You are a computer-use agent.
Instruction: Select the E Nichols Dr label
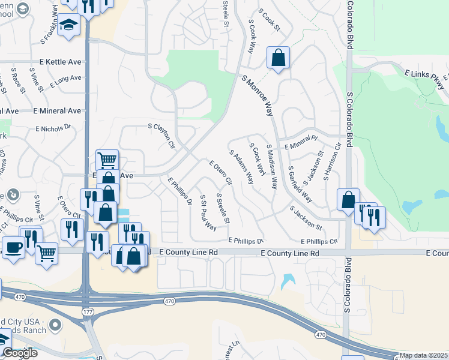pyautogui.click(x=53, y=128)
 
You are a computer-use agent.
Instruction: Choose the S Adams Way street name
pyautogui.click(x=241, y=167)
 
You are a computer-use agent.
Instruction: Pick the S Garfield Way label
pyautogui.click(x=300, y=184)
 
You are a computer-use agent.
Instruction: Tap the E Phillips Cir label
pyautogui.click(x=319, y=241)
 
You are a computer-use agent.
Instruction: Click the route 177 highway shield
pyautogui.click(x=87, y=312)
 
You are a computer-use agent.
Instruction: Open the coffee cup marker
pyautogui.click(x=13, y=246)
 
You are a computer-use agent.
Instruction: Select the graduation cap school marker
pyautogui.click(x=69, y=26)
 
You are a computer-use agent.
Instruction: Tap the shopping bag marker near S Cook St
pyautogui.click(x=279, y=58)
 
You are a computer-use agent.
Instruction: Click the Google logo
pyautogui.click(x=20, y=353)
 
